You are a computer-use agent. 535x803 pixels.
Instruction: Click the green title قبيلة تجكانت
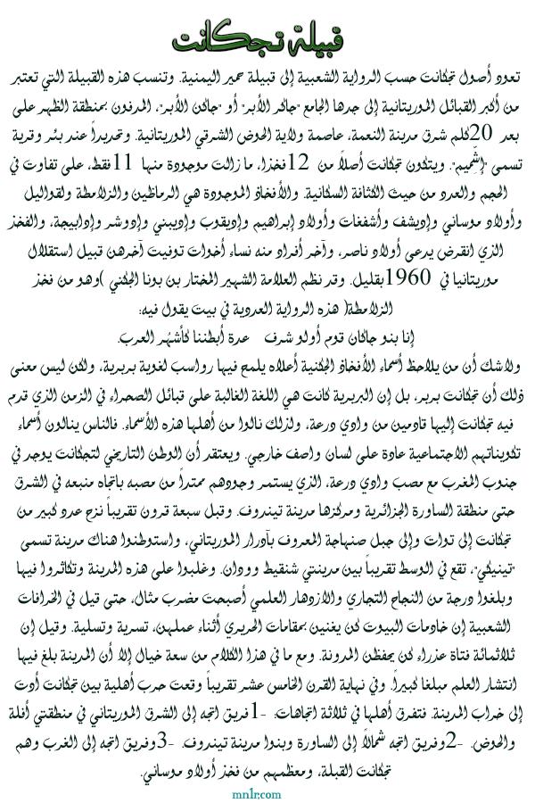click(x=267, y=41)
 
